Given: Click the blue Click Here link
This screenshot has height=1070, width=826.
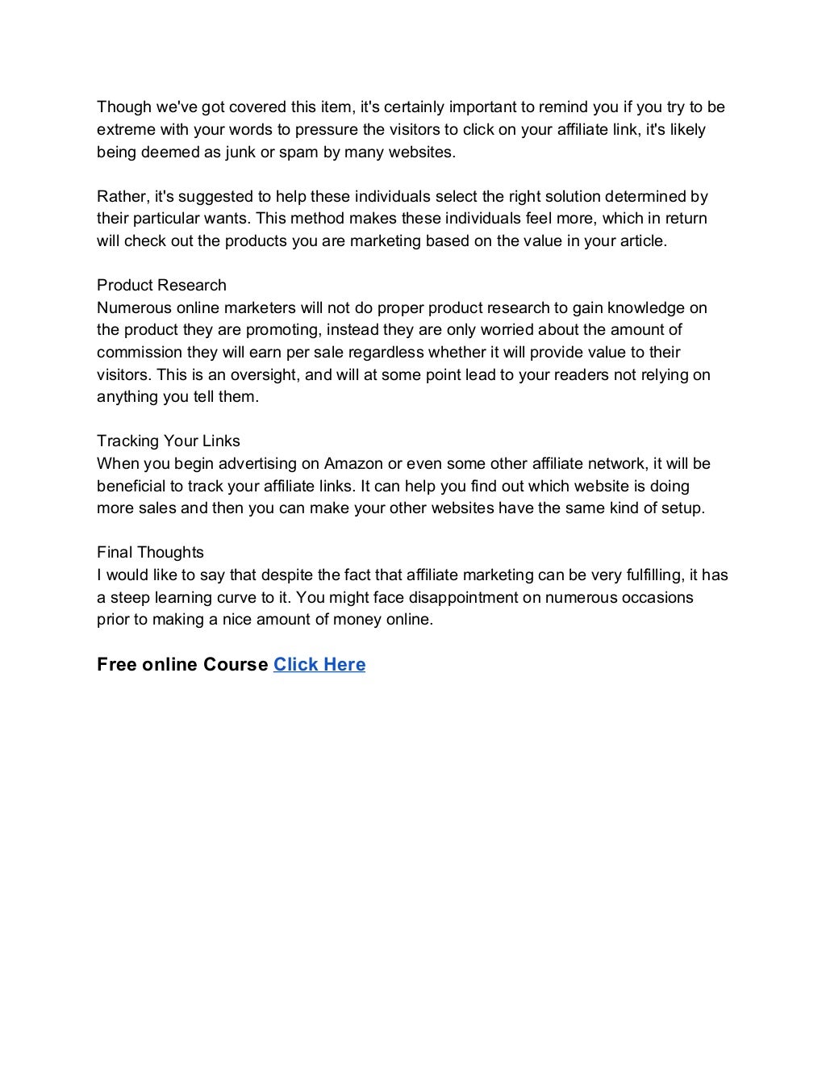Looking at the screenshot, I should coord(319,664).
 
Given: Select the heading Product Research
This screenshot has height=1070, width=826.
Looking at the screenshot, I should coord(161,285).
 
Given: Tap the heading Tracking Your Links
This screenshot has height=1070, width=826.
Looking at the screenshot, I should coord(169,441).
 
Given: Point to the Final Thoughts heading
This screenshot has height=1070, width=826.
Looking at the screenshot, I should coord(150,552).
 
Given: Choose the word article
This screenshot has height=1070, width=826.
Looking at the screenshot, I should coord(641,240).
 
